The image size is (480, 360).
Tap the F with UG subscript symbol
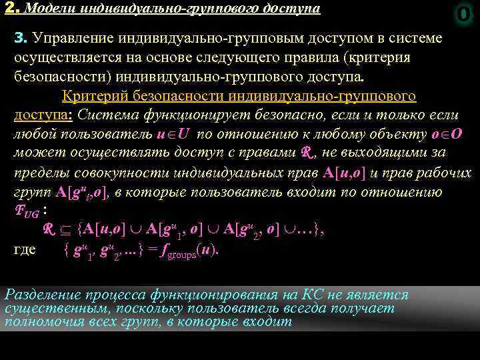pyautogui.click(x=27, y=212)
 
